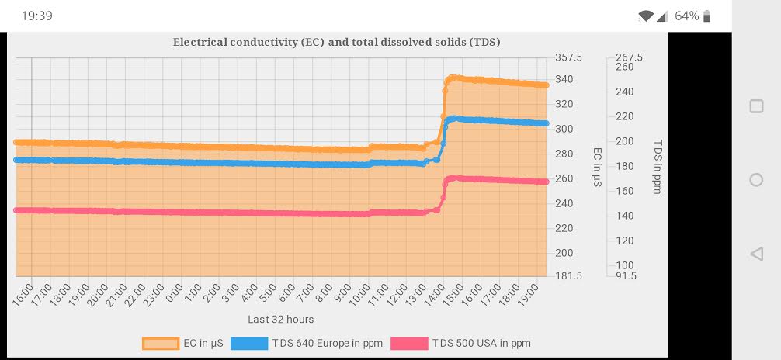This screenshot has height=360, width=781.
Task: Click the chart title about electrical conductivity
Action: (x=336, y=42)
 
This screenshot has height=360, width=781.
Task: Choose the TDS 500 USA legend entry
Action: (x=460, y=343)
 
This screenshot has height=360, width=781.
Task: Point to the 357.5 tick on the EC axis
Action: (x=569, y=57)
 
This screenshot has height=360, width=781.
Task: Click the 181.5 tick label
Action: (x=569, y=275)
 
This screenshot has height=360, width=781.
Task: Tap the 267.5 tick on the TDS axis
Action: (x=629, y=57)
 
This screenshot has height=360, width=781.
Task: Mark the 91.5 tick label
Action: (x=626, y=275)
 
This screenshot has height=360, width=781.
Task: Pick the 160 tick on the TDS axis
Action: (x=624, y=191)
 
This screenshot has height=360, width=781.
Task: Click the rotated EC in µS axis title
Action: (x=597, y=167)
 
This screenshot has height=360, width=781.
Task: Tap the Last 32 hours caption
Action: (x=281, y=319)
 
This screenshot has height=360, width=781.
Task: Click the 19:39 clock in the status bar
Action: (x=37, y=16)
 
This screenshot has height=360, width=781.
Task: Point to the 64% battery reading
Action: (x=686, y=16)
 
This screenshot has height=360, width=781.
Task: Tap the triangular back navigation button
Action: (x=755, y=253)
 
